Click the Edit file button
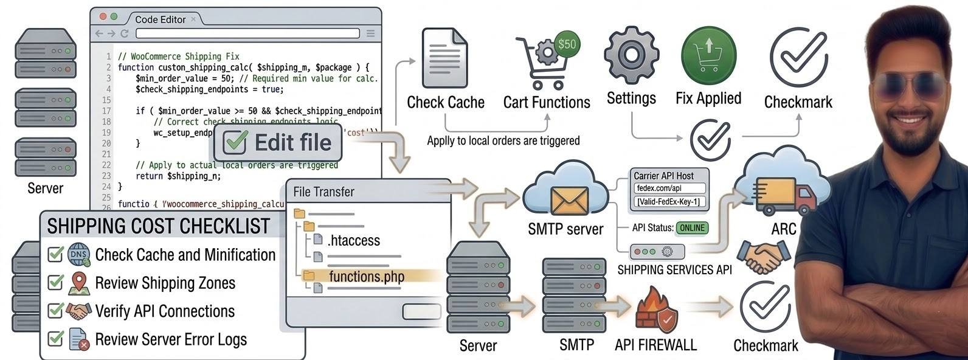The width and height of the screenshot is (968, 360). tap(278, 143)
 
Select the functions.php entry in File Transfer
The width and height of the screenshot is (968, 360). tap(366, 277)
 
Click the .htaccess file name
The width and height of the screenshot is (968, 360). tap(353, 240)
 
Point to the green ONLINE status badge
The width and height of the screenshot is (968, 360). tap(692, 228)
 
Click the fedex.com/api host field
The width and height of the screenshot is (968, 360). tap(669, 189)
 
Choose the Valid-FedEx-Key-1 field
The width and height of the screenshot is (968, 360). tap(669, 201)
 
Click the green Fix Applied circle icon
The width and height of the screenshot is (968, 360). tap(708, 55)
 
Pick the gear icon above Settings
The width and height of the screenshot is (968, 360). tap(631, 54)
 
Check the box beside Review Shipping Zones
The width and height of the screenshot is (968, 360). tap(56, 283)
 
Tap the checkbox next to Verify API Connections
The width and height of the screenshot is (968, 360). tap(56, 311)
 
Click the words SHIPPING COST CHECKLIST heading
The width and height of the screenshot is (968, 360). tap(158, 226)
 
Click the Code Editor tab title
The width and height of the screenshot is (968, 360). tap(161, 19)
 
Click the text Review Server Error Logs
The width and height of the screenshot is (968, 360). tap(171, 339)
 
